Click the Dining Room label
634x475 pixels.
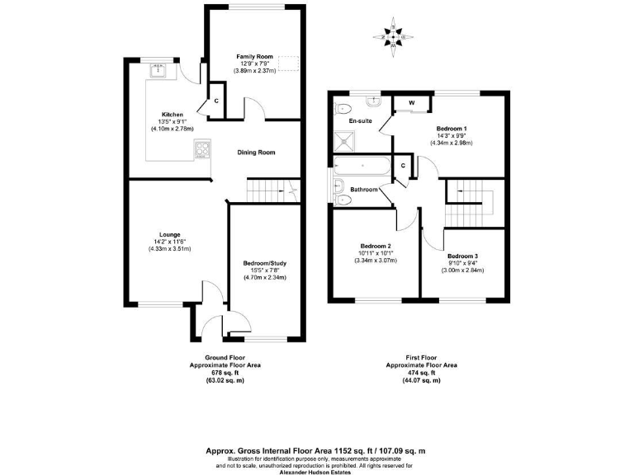pos(256,153)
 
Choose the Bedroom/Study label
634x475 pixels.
pos(265,263)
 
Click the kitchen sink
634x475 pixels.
pos(159,72)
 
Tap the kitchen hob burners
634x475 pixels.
pos(201,148)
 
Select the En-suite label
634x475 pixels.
pos(360,121)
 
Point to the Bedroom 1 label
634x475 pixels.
pos(452,129)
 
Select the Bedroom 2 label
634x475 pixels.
pos(376,246)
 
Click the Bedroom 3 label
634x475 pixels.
pos(462,256)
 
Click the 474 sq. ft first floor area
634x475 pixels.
pos(421,373)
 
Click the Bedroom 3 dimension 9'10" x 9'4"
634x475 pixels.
pos(462,263)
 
